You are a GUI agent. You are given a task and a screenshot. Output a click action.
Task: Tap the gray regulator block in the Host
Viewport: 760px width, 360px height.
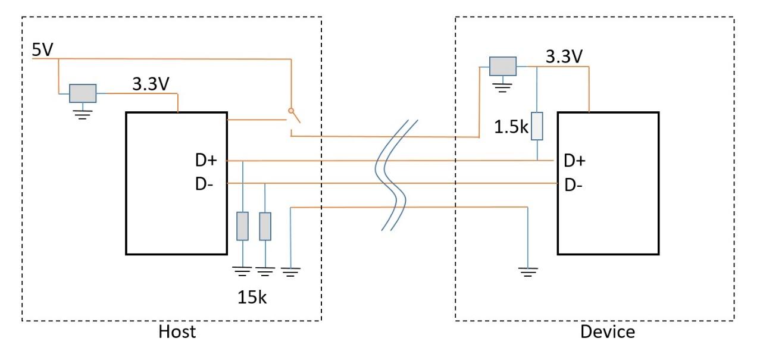[x=83, y=93]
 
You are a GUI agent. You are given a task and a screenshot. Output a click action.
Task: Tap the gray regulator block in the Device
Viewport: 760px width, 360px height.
[x=502, y=66]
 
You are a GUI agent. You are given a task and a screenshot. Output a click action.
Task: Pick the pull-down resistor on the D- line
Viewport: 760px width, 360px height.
[x=265, y=226]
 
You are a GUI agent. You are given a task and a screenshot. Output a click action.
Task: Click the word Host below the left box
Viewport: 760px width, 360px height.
[x=176, y=332]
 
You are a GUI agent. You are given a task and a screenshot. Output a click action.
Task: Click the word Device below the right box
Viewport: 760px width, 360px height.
[x=607, y=332]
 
